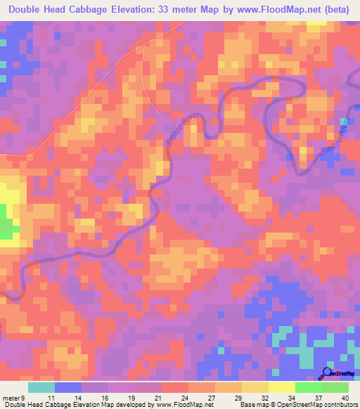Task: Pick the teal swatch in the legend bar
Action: tap(41, 388)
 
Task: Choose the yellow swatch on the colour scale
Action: tap(282, 388)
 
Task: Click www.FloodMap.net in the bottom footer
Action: tap(179, 404)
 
